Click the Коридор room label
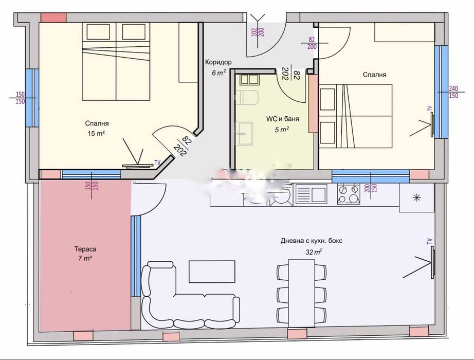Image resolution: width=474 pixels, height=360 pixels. [x=218, y=62]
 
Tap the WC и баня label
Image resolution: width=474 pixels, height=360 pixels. [x=282, y=119]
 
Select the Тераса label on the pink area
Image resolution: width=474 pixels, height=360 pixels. [x=85, y=249]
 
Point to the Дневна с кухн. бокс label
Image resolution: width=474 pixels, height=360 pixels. [x=312, y=241]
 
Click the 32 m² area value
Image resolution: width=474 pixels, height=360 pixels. [x=314, y=251]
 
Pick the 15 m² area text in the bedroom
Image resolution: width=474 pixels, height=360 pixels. [x=96, y=133]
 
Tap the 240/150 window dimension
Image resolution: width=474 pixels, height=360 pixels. [x=453, y=92]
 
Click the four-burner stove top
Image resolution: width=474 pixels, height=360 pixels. [x=348, y=194]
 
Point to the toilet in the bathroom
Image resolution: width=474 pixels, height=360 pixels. [x=246, y=97]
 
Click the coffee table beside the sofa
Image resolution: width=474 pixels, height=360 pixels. [x=212, y=272]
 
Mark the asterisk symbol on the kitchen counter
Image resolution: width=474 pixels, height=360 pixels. [x=416, y=198]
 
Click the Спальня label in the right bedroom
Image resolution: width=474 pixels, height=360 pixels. [x=375, y=75]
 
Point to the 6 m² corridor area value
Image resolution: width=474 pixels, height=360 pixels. [x=218, y=73]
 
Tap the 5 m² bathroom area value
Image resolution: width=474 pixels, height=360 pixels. [x=282, y=130]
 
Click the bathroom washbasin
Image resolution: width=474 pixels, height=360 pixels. [x=244, y=133]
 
